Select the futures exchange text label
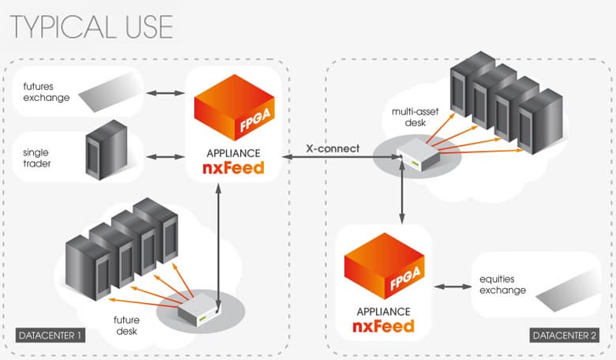coord(46,92)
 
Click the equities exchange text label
coord(502,285)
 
